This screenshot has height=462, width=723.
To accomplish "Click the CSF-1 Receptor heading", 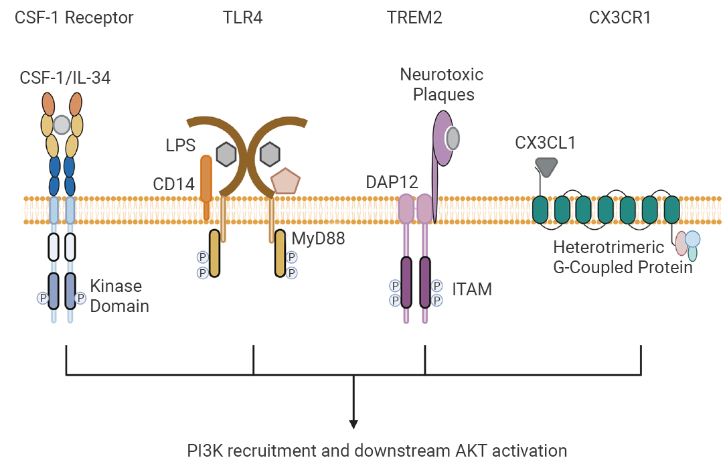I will click(74, 17).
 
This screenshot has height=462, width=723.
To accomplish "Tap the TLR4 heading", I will click(242, 17).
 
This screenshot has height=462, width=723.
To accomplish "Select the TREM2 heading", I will click(414, 17).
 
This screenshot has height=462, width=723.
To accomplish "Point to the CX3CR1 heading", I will click(620, 17).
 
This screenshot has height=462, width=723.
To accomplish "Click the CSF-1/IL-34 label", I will click(65, 78).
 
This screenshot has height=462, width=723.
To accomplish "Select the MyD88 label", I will click(318, 238).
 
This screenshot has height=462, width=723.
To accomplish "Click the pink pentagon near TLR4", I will click(285, 181).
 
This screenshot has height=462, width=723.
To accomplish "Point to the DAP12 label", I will click(392, 181).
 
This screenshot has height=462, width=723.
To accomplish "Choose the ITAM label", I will click(472, 289).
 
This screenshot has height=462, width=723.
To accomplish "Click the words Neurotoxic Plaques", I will click(442, 84).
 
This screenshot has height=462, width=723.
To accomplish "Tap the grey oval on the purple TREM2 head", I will click(453, 137).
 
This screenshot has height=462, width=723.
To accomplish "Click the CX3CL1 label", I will click(546, 143).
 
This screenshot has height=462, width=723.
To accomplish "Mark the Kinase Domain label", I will click(116, 296).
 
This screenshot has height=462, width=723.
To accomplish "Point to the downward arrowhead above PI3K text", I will click(353, 423).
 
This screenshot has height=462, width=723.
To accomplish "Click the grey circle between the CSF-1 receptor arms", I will click(62, 125).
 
